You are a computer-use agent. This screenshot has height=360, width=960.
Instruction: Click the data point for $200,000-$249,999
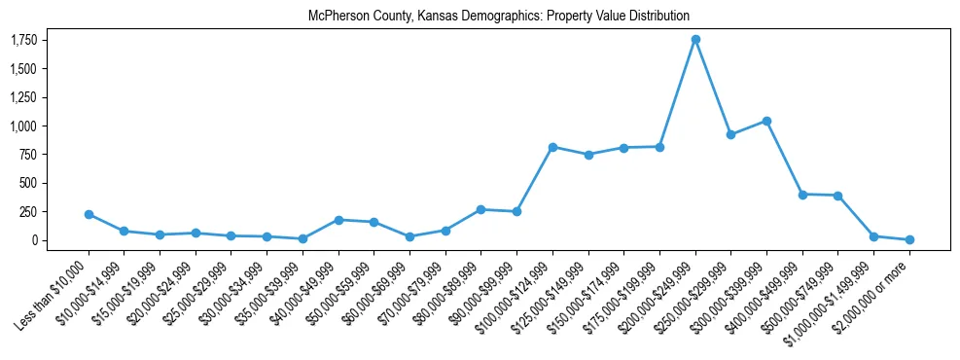click(695, 40)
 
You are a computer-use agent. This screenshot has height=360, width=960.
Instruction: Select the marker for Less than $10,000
click(89, 214)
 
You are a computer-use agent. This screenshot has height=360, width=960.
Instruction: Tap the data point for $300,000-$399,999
click(766, 121)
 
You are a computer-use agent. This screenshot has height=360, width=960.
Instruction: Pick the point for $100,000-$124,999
click(552, 147)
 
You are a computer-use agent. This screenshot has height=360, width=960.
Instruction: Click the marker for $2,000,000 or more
click(909, 239)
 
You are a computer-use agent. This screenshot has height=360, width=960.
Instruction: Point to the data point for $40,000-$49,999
click(338, 220)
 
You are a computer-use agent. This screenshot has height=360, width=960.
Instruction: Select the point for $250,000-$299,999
click(730, 134)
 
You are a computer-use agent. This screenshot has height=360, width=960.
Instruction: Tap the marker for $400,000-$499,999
click(802, 195)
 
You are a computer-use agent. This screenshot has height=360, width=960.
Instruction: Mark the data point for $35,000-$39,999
click(302, 238)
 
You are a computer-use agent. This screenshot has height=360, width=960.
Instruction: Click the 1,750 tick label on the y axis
click(23, 40)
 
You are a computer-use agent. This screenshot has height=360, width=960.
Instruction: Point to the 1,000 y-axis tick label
click(23, 126)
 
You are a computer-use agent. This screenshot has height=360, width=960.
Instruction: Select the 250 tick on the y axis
click(29, 211)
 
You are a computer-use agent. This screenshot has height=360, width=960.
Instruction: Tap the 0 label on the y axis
click(34, 240)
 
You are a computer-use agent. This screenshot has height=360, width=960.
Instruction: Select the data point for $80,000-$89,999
click(480, 209)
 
